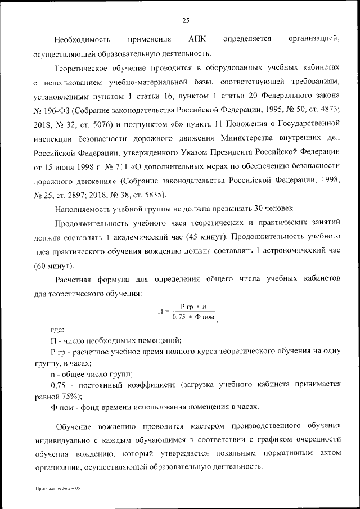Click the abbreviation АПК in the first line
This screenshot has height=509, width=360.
pyautogui.click(x=199, y=39)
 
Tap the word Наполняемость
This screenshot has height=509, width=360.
pyautogui.click(x=82, y=209)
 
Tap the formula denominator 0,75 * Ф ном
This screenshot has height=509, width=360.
pyautogui.click(x=190, y=317)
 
